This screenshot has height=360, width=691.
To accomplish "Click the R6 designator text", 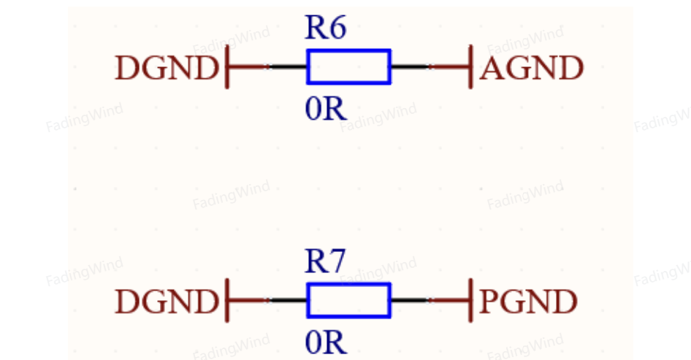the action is coord(326,28).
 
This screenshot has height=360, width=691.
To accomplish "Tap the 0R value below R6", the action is coord(326,109).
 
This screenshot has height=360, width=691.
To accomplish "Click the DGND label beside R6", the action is coord(167,69).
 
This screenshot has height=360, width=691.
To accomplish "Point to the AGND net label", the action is coord(532,69).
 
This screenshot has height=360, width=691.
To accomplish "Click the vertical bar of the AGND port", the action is coord(470,66).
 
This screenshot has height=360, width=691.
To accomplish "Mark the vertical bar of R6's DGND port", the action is coord(227,66).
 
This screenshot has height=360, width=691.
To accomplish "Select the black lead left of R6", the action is coord(288,67).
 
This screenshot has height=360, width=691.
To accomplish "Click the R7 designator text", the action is coord(325,261).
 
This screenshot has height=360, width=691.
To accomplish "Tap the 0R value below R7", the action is coord(326,342).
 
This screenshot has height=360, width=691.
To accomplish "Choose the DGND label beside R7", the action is coord(167,302).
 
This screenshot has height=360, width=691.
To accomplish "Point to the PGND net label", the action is coord(528,302).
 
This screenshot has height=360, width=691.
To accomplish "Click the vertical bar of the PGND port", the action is coord(470,300).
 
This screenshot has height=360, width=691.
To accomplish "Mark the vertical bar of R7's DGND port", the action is coord(227,300).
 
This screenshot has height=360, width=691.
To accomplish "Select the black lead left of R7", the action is coord(288,301).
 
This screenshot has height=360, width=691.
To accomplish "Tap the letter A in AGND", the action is coord(492,69).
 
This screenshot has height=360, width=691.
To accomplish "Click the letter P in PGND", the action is coord(489,302).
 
